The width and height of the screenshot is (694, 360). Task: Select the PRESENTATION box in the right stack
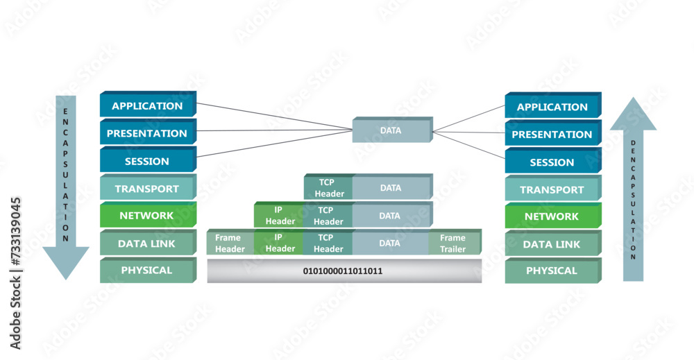tap(552, 135)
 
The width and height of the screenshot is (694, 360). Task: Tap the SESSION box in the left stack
tap(147, 161)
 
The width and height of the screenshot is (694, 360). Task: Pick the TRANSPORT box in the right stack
tap(552, 189)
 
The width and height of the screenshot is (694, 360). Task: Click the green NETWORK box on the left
tap(147, 216)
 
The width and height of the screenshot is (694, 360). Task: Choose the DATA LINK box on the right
tap(552, 244)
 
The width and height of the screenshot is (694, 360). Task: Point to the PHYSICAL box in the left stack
tap(147, 271)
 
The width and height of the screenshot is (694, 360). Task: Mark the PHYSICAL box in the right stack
tap(552, 271)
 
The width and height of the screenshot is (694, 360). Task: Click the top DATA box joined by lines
tap(391, 130)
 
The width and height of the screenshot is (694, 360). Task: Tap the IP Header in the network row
tap(278, 216)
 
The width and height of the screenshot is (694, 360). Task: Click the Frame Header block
tap(230, 243)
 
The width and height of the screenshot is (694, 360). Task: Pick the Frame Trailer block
tap(453, 243)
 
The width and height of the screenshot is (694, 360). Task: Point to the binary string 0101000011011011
tap(343, 271)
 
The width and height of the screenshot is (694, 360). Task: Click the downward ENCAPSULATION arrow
tap(65, 187)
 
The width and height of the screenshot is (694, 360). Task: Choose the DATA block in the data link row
tap(390, 243)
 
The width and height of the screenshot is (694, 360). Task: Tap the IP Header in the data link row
tap(280, 243)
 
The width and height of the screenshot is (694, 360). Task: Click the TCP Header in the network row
tap(328, 216)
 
